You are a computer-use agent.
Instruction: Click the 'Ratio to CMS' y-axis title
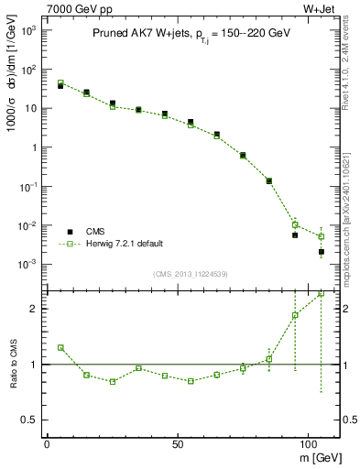click(11, 364)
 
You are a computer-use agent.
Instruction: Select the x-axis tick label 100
click(308, 442)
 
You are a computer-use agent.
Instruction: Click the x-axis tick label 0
click(47, 442)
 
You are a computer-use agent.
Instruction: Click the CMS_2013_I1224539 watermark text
click(192, 274)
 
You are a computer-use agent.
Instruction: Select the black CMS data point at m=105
click(322, 251)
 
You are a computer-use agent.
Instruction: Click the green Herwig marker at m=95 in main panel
click(295, 224)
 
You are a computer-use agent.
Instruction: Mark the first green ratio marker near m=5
click(60, 348)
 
